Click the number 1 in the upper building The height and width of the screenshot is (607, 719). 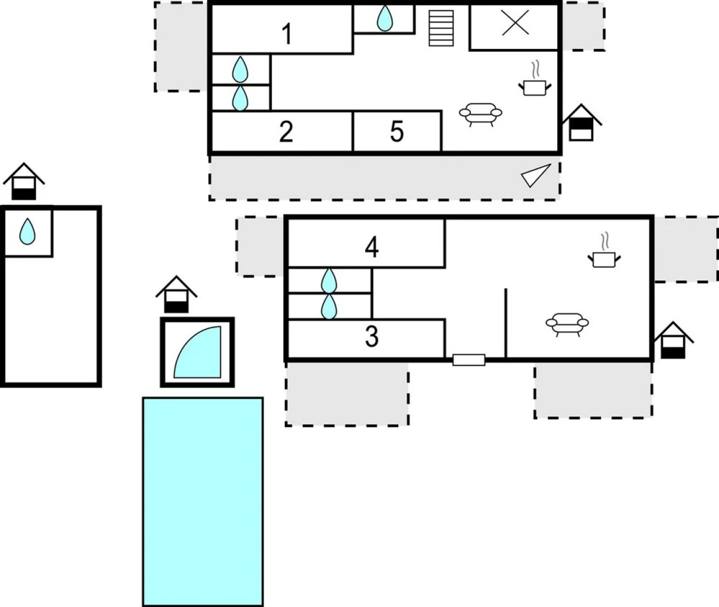click(287, 34)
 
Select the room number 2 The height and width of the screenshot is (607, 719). click(286, 132)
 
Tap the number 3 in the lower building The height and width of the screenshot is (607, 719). click(371, 336)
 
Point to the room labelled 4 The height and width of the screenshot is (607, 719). click(372, 247)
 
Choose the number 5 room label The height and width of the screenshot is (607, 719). click(397, 132)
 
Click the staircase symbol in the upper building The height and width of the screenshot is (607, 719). click(441, 28)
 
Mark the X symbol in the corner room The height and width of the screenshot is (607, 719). click(515, 22)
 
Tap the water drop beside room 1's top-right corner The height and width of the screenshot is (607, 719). click(385, 18)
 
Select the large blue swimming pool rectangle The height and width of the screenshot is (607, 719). click(203, 501)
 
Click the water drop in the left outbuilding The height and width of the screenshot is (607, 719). click(27, 232)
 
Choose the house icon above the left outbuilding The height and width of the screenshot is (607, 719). click(24, 181)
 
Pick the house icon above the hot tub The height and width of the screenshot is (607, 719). click(176, 294)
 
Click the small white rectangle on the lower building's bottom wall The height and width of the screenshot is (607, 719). click(468, 360)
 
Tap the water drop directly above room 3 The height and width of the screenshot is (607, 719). click(329, 306)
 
